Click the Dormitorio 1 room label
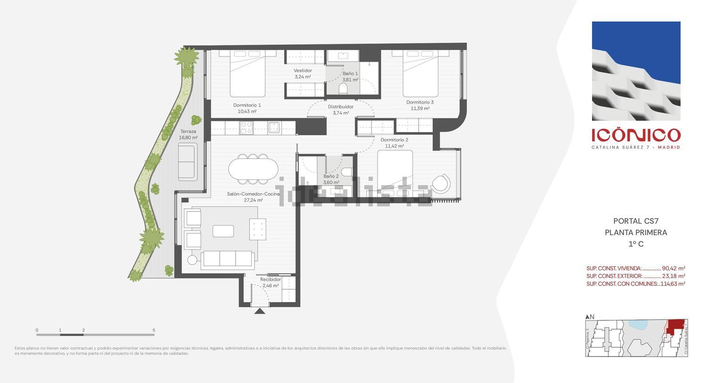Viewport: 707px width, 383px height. click(x=247, y=108)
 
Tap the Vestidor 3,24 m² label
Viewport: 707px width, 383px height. click(x=303, y=73)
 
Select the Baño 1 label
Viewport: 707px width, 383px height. click(x=350, y=77)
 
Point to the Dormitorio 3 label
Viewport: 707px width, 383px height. click(x=419, y=105)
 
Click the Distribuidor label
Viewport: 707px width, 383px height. click(x=341, y=109)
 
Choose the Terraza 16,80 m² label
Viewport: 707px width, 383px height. click(x=188, y=134)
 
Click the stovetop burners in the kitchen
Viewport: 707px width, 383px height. click(x=247, y=128)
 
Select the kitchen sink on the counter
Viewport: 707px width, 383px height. click(x=274, y=127)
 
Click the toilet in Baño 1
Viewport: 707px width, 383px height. click(x=343, y=89)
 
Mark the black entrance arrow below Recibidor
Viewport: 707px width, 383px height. click(x=259, y=311)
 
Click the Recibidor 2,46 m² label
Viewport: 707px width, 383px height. click(x=271, y=282)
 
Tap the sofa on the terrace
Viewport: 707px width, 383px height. click(x=188, y=162)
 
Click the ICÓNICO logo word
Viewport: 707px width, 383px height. click(x=636, y=135)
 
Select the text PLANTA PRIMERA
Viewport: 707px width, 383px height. click(x=636, y=232)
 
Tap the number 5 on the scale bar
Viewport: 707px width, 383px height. click(x=154, y=330)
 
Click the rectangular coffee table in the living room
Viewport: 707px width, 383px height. click(x=223, y=231)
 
